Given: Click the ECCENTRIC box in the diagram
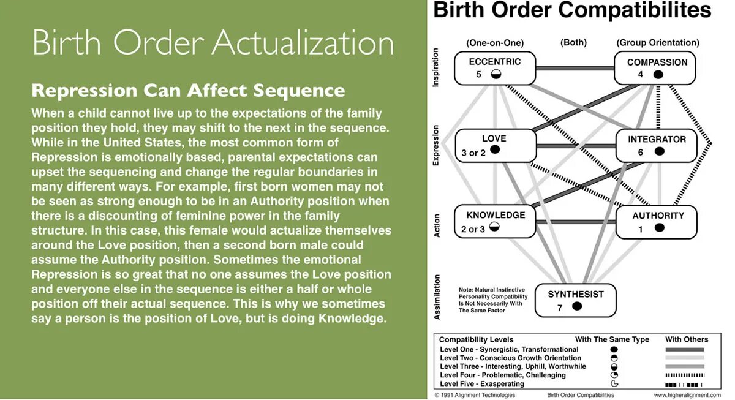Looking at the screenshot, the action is (495, 68).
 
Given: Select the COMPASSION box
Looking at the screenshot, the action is (656, 68).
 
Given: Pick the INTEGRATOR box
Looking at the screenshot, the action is (656, 145).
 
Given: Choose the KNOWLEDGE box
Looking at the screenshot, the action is (495, 222).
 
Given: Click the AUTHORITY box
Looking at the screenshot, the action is (657, 222).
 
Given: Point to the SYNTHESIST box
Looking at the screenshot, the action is (575, 300).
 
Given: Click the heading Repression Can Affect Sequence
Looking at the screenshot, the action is (188, 91).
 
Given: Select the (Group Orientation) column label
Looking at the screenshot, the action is (657, 43).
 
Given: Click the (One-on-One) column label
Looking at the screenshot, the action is (495, 43).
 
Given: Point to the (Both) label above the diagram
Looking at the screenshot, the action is (573, 42).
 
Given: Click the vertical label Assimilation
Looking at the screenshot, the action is (437, 297).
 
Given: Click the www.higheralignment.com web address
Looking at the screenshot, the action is (687, 395).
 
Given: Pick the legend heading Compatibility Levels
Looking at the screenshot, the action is (477, 339).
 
